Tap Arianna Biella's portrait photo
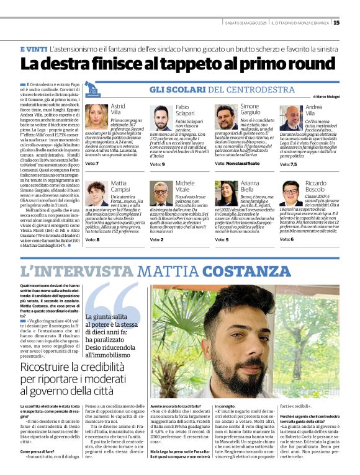pos(226,193)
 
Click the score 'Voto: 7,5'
pos(289,164)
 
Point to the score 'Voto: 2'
pos(158,239)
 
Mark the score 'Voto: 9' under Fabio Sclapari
pos(158,164)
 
